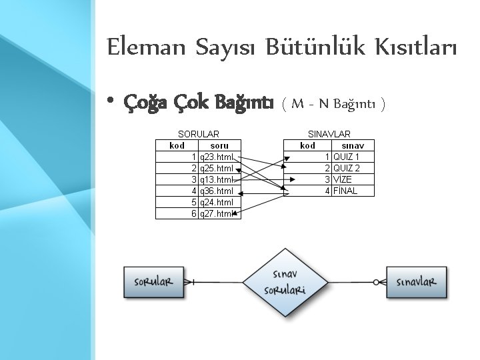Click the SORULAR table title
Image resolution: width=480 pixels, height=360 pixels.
coord(198,134)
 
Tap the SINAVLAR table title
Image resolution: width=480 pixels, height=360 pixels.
coord(329,134)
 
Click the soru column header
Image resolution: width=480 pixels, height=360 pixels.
coord(219,145)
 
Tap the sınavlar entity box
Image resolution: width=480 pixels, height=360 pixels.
coord(417,281)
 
